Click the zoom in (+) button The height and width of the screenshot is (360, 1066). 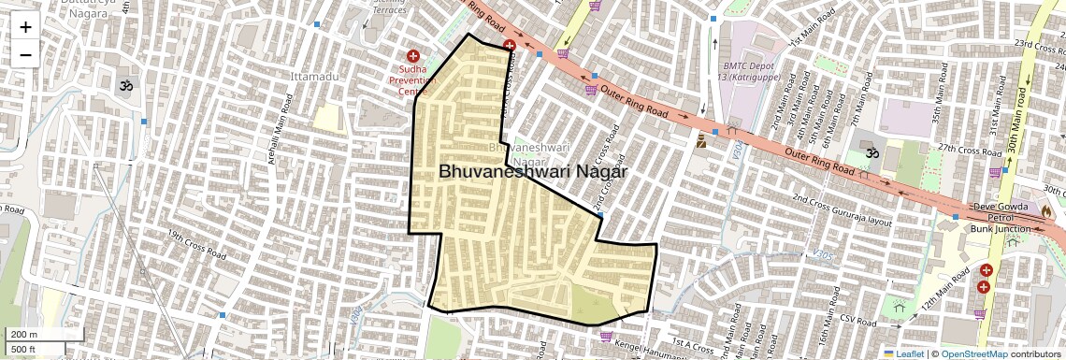pos(25,26)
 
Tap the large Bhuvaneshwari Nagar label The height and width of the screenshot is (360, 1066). pos(532,172)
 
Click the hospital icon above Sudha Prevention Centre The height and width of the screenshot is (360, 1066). pos(413,57)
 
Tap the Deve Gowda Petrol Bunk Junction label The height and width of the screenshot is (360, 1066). pos(999,217)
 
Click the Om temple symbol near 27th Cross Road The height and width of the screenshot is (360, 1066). pos(872,152)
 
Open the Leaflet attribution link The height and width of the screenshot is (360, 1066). pos(904,353)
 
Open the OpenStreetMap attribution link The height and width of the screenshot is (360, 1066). pos(974,353)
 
